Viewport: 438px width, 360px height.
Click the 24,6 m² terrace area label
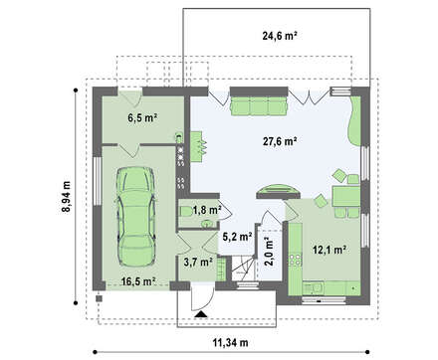click(280, 36)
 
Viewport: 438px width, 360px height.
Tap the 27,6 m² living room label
click(280, 141)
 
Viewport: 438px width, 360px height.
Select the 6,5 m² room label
click(142, 117)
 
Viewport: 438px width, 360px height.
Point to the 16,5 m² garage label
click(138, 281)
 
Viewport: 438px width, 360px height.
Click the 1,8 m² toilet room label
click(207, 210)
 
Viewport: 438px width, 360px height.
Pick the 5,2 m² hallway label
click(237, 237)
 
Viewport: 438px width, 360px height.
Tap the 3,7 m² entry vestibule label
click(198, 262)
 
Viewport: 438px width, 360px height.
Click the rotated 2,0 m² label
click(268, 251)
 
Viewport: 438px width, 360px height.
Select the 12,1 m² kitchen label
click(329, 250)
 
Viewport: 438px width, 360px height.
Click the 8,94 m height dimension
click(67, 197)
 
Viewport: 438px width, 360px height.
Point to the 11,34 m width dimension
click(230, 342)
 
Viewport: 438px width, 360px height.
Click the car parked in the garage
click(135, 216)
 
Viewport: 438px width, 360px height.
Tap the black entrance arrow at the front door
click(201, 314)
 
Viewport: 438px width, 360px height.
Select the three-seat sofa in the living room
click(258, 105)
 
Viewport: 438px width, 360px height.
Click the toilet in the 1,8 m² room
click(186, 211)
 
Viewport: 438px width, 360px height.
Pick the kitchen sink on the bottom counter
click(313, 288)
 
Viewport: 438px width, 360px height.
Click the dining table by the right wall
click(346, 196)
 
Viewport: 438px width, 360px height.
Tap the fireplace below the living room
click(278, 192)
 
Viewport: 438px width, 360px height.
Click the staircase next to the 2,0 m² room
click(243, 269)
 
